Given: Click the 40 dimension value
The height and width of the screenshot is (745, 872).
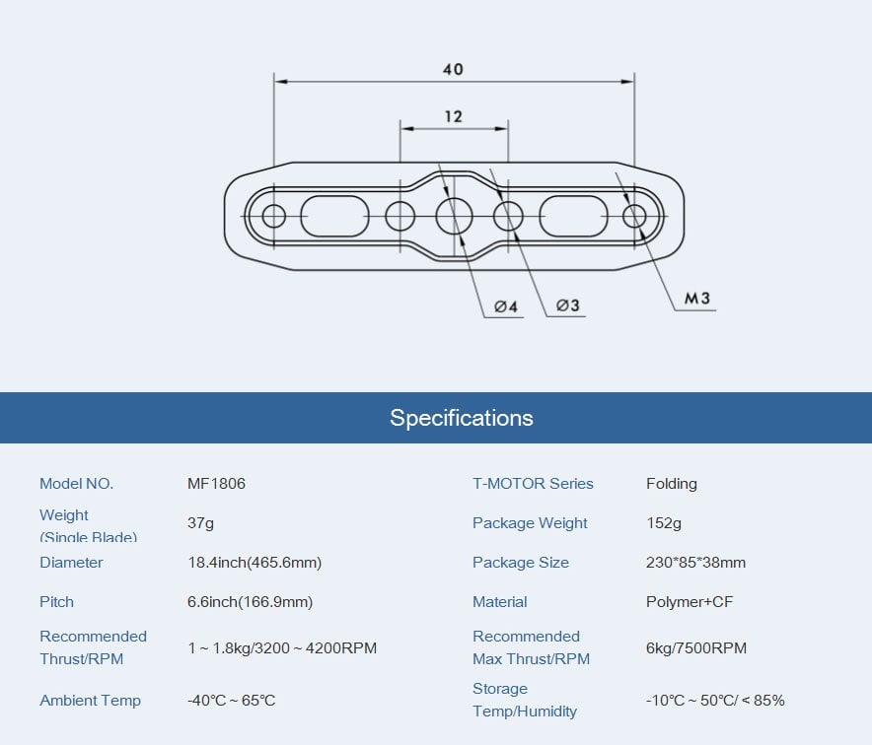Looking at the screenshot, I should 453,69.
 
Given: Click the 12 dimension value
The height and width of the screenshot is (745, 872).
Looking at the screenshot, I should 453,116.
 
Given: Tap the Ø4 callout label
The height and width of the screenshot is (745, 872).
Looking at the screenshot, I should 506,306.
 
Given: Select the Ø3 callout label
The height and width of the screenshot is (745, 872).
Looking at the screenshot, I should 567,305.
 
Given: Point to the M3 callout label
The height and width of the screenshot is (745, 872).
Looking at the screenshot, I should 697,299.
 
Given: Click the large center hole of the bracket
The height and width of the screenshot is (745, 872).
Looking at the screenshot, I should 455,214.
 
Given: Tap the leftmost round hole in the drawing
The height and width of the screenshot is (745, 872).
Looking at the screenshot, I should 273,215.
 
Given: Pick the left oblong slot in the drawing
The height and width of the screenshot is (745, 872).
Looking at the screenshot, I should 333,215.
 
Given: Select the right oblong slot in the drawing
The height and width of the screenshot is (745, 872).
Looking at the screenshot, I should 573,215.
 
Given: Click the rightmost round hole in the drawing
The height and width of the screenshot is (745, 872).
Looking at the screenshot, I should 634,215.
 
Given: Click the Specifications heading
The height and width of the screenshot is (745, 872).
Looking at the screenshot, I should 462,418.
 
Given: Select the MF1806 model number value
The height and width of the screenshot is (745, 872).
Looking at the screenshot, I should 216,484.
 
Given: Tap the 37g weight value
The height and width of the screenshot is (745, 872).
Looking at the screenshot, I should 200,523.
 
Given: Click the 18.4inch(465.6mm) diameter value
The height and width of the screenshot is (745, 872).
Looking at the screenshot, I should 254,563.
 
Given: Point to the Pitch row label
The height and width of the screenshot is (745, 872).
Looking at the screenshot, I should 56,602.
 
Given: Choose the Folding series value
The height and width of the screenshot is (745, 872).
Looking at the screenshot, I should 671,484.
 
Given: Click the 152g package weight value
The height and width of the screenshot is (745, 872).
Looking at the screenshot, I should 663,523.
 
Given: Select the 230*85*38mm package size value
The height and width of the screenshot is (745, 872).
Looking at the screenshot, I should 695,563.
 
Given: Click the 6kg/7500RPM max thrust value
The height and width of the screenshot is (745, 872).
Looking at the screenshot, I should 695,648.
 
